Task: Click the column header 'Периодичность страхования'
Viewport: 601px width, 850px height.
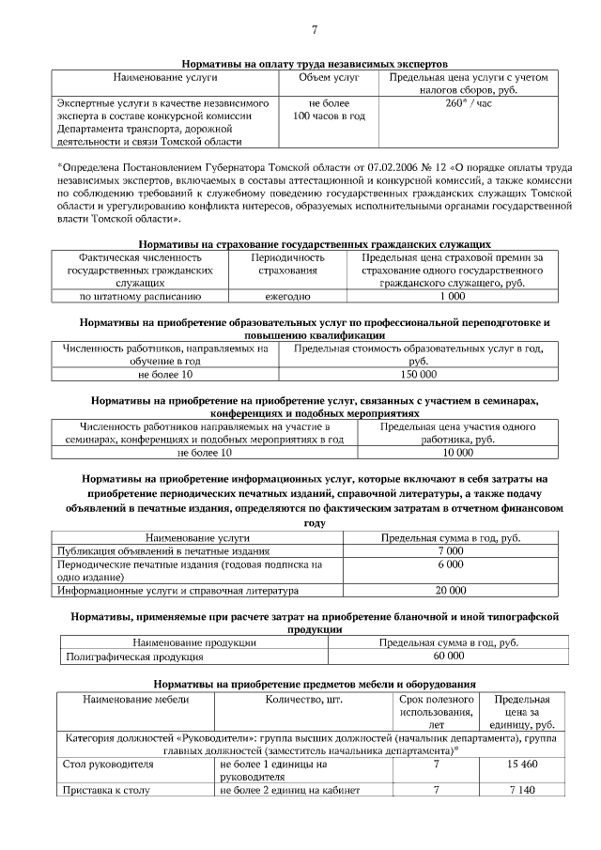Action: click(x=287, y=263)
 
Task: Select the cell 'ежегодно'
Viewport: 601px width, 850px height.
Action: click(x=287, y=296)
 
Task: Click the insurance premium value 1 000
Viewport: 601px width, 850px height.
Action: click(x=452, y=296)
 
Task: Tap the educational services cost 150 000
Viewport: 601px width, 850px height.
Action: click(x=418, y=375)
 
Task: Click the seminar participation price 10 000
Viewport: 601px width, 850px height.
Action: click(x=457, y=453)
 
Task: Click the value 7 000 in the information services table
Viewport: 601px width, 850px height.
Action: click(x=450, y=551)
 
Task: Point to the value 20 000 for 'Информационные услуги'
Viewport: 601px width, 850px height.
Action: click(x=450, y=591)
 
